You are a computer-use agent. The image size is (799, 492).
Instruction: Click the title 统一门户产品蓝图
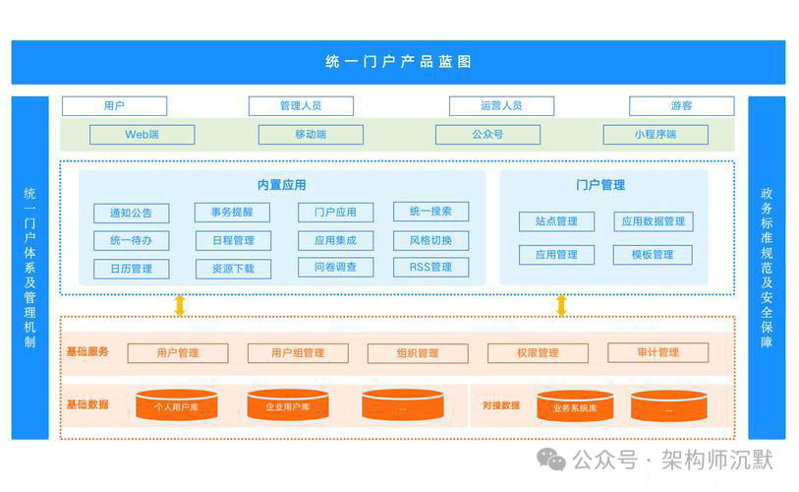[398, 61]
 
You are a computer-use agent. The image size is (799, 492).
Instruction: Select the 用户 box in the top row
[114, 105]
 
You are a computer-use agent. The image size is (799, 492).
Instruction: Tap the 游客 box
[681, 105]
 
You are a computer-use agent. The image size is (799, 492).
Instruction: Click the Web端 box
[142, 135]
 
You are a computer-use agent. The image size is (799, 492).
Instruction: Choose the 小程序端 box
[654, 135]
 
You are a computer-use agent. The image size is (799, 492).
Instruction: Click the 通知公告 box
[131, 213]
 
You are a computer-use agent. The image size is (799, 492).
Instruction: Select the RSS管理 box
[430, 267]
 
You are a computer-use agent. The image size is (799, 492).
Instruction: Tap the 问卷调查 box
[335, 267]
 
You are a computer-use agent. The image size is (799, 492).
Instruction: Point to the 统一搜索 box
[430, 212]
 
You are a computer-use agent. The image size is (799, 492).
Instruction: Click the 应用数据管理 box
[653, 221]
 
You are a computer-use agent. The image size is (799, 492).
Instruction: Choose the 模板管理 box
[653, 255]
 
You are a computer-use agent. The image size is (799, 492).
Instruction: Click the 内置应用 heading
[281, 185]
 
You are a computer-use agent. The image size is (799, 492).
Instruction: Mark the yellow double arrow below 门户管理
[561, 305]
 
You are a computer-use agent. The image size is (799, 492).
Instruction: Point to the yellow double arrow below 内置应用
[180, 305]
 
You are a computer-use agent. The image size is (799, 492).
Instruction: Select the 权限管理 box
[537, 353]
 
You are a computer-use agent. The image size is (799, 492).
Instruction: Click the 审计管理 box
[656, 352]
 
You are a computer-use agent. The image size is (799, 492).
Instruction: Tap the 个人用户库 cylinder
[177, 405]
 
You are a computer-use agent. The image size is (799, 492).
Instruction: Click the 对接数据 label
[501, 404]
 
